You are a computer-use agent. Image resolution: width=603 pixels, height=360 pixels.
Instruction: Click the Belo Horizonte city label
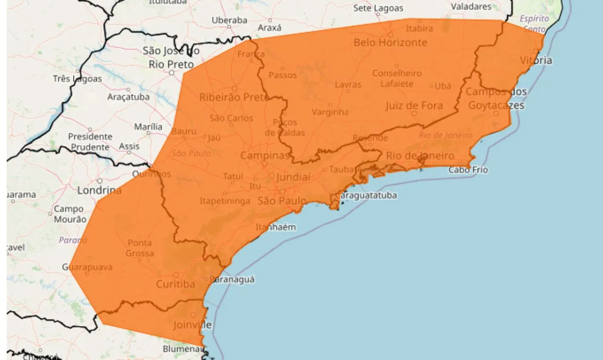pyautogui.click(x=390, y=42)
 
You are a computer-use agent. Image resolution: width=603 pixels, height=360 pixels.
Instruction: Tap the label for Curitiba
pyautogui.click(x=175, y=285)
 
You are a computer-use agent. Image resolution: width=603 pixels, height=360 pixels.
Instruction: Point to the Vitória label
pyautogui.click(x=536, y=60)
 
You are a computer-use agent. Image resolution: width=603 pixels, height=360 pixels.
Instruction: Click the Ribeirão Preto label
pyautogui.click(x=234, y=97)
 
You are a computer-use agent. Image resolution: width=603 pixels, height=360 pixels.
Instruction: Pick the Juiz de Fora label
pyautogui.click(x=414, y=105)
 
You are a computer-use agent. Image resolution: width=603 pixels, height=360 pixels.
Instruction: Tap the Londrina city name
pyautogui.click(x=99, y=190)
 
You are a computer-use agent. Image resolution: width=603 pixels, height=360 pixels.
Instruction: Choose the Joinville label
pyautogui.click(x=192, y=325)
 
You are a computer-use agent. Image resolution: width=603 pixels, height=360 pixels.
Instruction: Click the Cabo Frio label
pyautogui.click(x=468, y=170)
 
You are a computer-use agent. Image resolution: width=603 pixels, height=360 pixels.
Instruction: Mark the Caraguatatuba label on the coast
pyautogui.click(x=366, y=195)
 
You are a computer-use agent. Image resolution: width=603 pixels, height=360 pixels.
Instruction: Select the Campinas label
pyautogui.click(x=265, y=155)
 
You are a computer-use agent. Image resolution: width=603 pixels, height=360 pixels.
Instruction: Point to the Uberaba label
pyautogui.click(x=229, y=20)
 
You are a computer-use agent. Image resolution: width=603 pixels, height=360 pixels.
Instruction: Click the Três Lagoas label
pyautogui.click(x=77, y=79)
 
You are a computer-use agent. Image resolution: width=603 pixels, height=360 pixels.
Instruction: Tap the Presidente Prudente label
pyautogui.click(x=90, y=141)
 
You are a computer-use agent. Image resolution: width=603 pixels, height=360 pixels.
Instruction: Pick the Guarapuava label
pyautogui.click(x=88, y=267)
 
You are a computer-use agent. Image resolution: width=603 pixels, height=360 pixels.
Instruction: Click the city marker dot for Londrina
pyautogui.click(x=99, y=181)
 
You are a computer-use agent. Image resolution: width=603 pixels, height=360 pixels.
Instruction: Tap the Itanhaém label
pyautogui.click(x=276, y=227)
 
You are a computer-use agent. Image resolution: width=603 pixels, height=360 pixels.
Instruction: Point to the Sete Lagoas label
pyautogui.click(x=378, y=8)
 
